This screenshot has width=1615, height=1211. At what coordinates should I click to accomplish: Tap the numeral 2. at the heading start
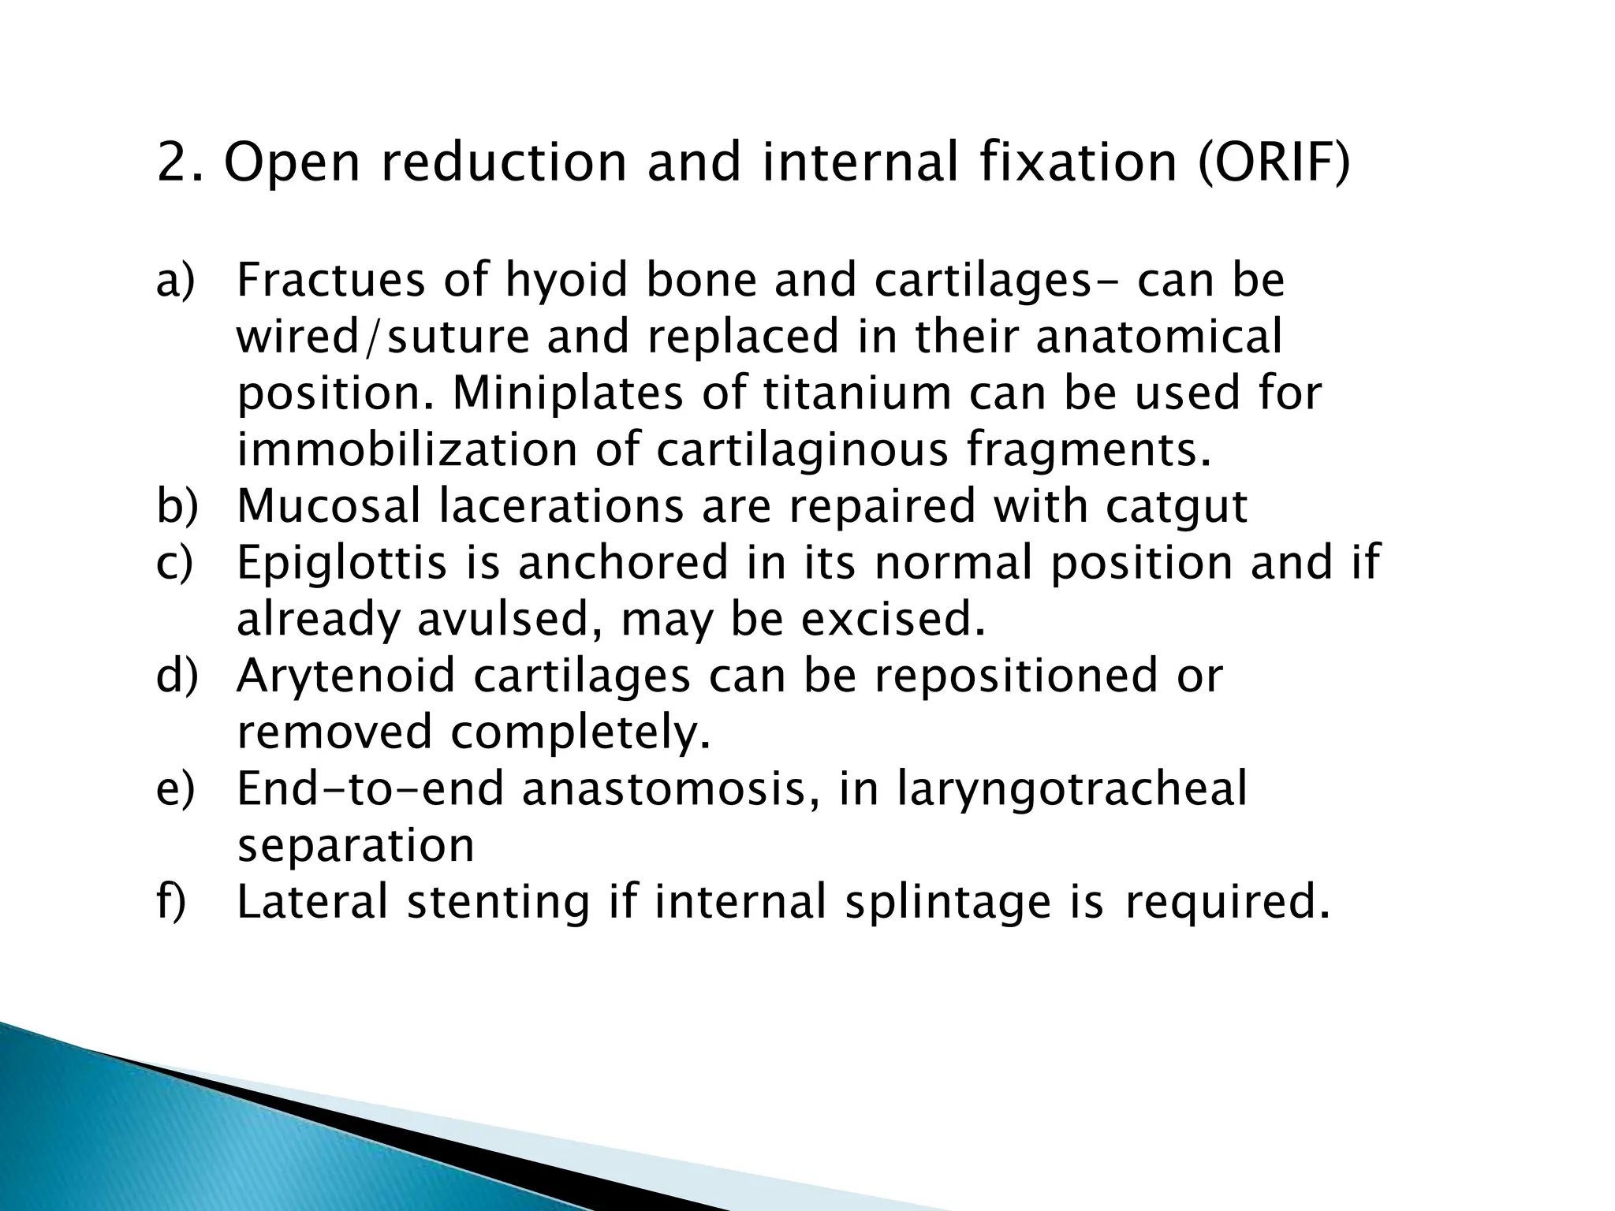click(x=181, y=162)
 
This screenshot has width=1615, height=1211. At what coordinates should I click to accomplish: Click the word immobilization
click(x=407, y=449)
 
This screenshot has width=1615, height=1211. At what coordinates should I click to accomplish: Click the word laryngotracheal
click(x=1072, y=789)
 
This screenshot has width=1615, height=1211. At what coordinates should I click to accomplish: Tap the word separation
click(x=356, y=846)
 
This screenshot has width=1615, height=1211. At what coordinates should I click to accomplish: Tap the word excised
click(x=893, y=620)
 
